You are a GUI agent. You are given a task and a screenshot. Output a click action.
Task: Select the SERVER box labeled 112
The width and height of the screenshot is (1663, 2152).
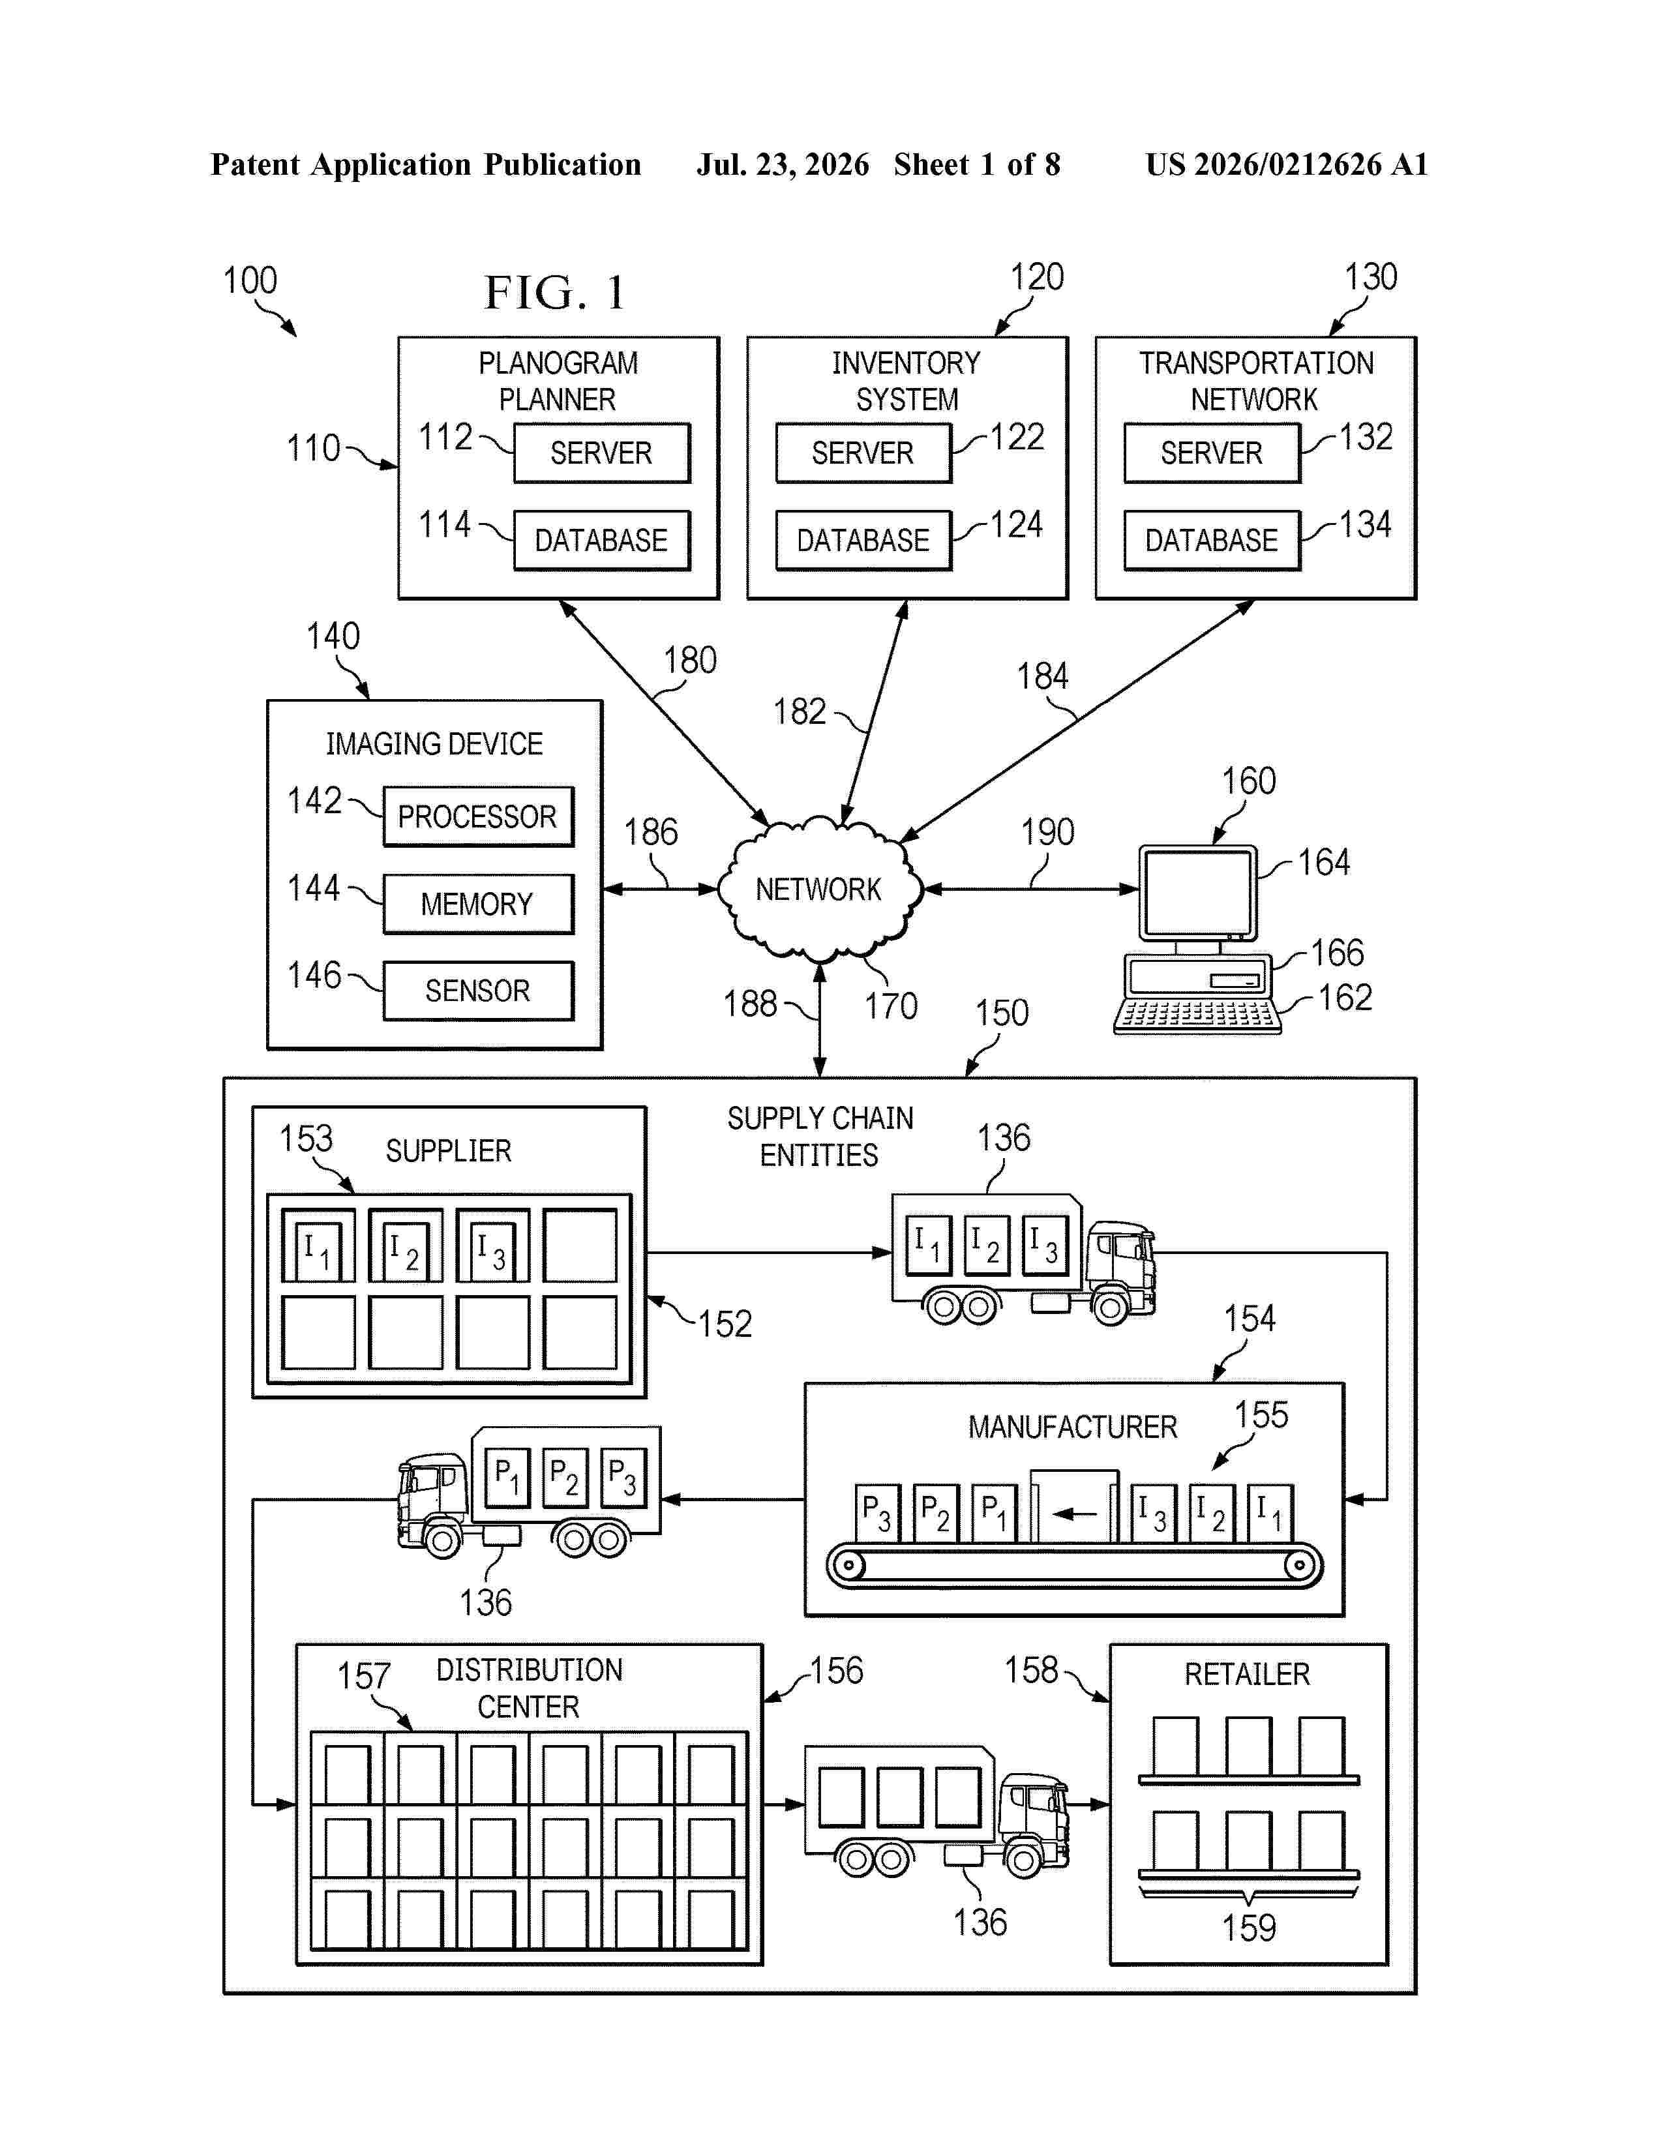pyautogui.click(x=602, y=453)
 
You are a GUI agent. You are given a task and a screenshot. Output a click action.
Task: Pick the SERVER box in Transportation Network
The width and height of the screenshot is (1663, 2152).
pyautogui.click(x=1212, y=453)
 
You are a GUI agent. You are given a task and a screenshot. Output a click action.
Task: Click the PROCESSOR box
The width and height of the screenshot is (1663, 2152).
pyautogui.click(x=478, y=816)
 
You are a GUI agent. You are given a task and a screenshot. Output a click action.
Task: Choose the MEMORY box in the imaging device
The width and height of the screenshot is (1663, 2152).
pyautogui.click(x=478, y=904)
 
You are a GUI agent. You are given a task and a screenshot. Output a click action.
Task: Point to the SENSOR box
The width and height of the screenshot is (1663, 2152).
pyautogui.click(x=478, y=991)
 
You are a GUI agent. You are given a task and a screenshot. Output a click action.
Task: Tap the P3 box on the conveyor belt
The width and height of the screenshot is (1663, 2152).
pyautogui.click(x=876, y=1512)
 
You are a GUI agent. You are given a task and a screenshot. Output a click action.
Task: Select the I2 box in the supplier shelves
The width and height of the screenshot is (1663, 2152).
pyautogui.click(x=405, y=1246)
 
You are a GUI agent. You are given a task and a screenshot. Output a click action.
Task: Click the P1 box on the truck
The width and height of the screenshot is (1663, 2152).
pyautogui.click(x=507, y=1477)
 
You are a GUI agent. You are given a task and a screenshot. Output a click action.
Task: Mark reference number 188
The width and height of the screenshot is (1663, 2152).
pyautogui.click(x=751, y=1004)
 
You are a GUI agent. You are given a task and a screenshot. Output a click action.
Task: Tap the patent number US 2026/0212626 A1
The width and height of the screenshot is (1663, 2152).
pyautogui.click(x=1287, y=164)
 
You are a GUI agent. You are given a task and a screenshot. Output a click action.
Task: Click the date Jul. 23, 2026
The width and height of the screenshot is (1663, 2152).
pyautogui.click(x=783, y=164)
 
